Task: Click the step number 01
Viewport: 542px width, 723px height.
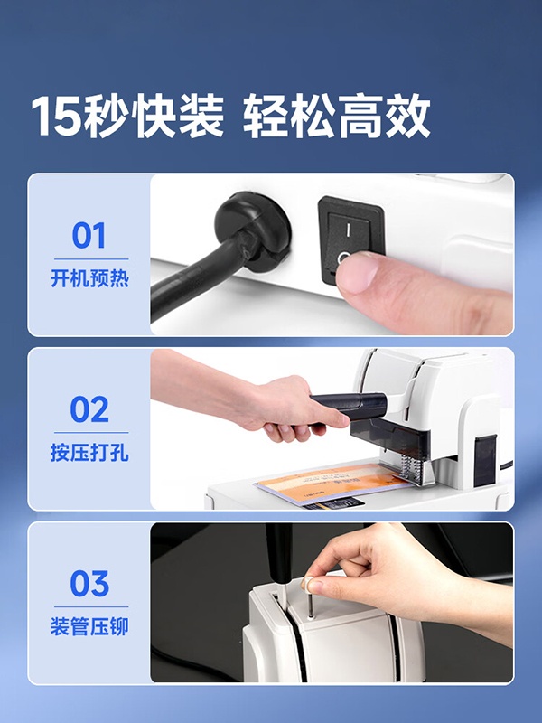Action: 89,235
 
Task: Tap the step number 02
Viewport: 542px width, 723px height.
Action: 89,409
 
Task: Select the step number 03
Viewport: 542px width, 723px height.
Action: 89,583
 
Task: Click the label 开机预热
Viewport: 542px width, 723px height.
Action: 89,279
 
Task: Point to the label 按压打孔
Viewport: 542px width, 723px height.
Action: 89,453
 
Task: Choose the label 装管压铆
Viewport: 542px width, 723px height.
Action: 89,626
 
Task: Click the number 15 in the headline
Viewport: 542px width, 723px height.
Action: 55,117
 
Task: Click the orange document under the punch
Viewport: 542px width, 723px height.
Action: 332,485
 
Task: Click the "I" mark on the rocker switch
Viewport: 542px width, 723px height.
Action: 349,230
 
